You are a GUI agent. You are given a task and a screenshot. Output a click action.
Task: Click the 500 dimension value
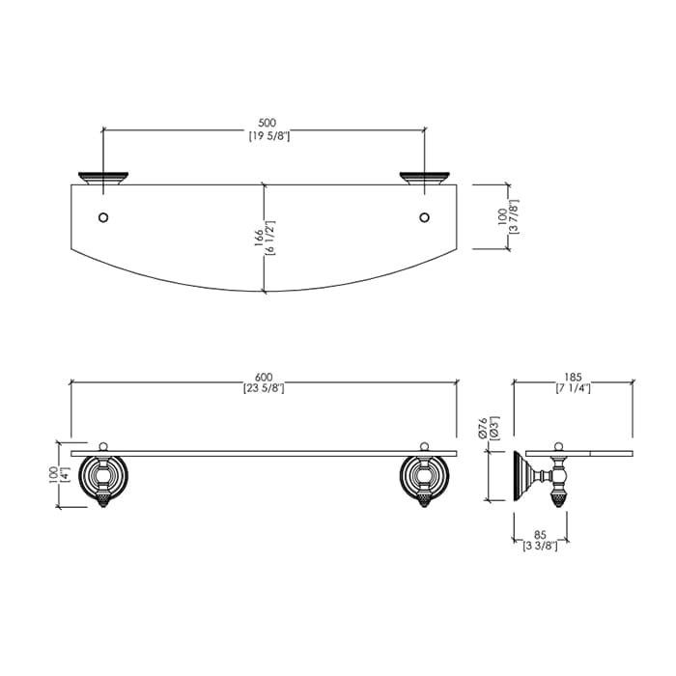pyautogui.click(x=268, y=124)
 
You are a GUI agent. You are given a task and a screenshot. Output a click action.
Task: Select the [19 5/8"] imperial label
pyautogui.click(x=269, y=136)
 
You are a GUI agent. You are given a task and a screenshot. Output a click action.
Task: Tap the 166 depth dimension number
pyautogui.click(x=259, y=238)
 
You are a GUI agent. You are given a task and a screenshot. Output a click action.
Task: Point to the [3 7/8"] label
pyautogui.click(x=514, y=216)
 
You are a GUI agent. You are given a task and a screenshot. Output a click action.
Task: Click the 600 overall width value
pyautogui.click(x=264, y=378)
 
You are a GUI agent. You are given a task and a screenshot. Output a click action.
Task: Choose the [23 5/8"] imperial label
pyautogui.click(x=264, y=388)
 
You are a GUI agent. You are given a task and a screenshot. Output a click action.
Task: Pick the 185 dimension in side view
pyautogui.click(x=573, y=378)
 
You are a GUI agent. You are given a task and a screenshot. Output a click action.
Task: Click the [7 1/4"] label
pyautogui.click(x=573, y=388)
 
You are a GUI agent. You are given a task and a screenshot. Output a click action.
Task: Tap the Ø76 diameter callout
pyautogui.click(x=483, y=428)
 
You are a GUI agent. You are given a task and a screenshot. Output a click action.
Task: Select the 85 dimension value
pyautogui.click(x=540, y=536)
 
